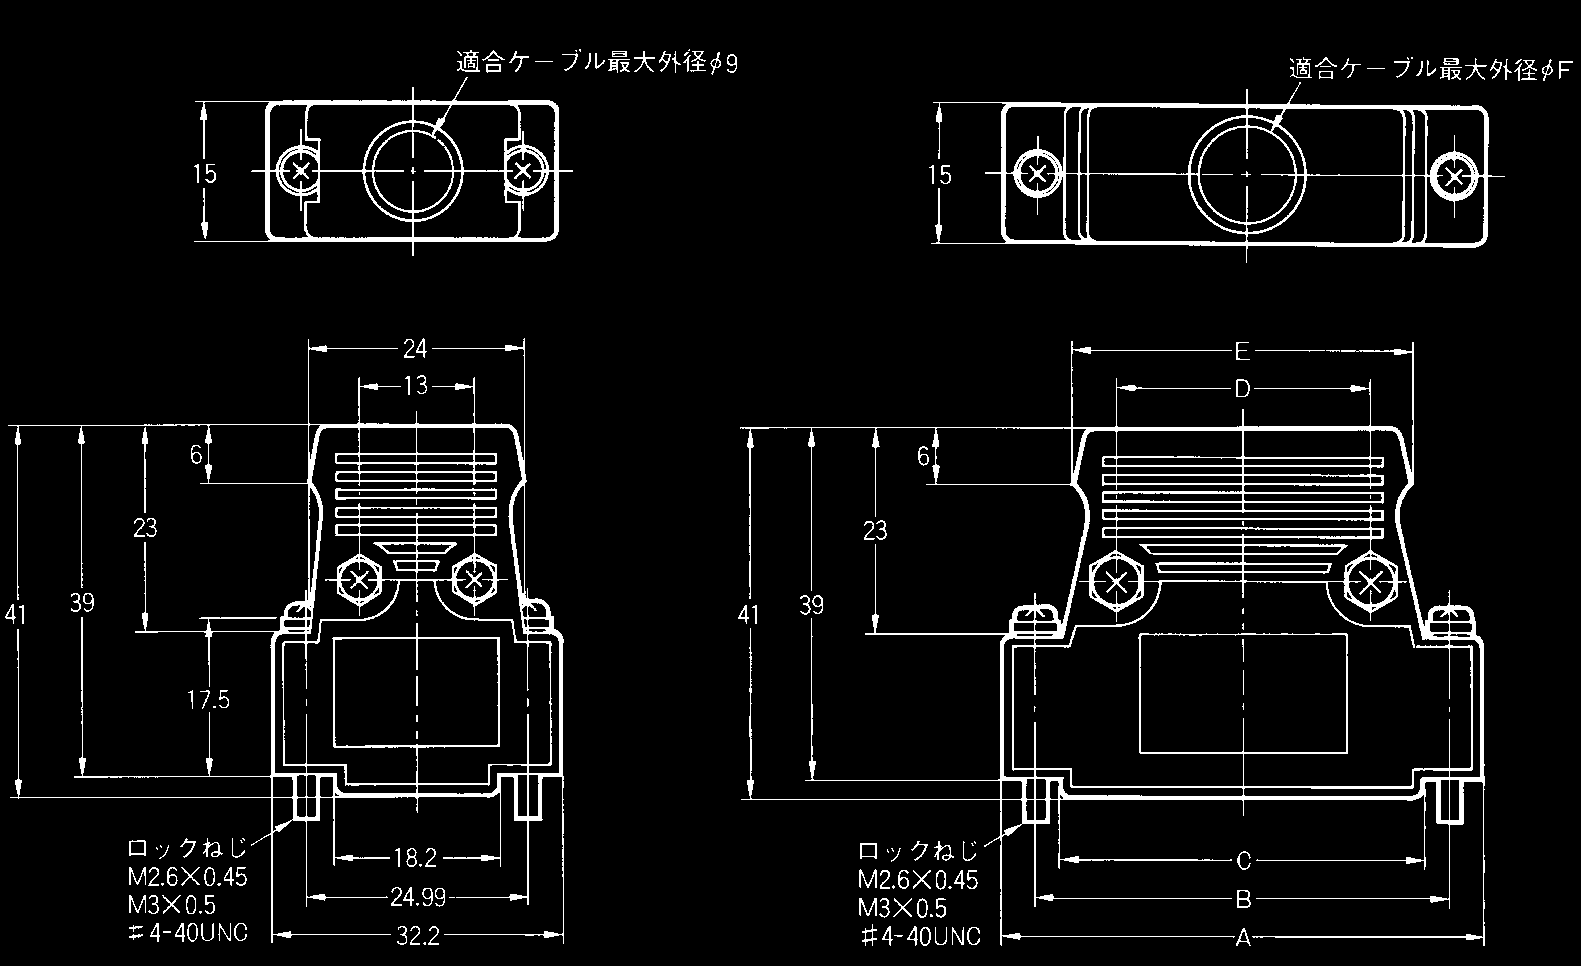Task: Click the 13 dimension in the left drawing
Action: coord(416,385)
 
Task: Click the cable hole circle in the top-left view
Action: coord(413,171)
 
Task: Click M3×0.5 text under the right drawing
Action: coord(902,908)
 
